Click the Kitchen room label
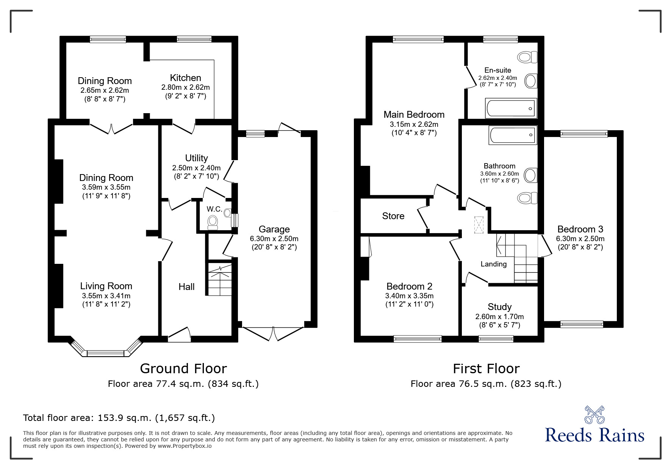coord(185,78)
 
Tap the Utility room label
coord(196,158)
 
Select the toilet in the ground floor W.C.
coord(213,222)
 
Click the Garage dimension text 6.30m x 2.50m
coord(274,239)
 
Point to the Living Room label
coord(106,286)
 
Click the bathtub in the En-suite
coord(511,108)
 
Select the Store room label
coord(393,216)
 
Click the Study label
coord(500,307)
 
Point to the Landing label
coord(494,264)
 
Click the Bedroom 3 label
coord(580,229)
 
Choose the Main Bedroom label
coord(414,114)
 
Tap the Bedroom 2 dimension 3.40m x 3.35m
coord(409,296)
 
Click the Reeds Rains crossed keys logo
coord(595,415)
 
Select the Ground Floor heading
coord(183,368)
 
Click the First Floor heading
coord(486,368)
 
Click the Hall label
coord(186,287)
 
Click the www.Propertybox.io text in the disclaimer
coord(185,446)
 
